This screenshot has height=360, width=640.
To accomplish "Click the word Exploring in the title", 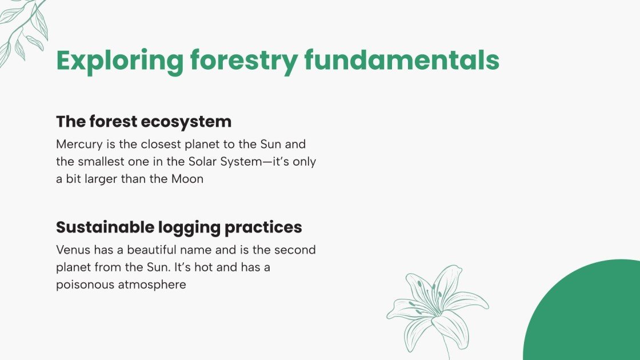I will click(119, 61).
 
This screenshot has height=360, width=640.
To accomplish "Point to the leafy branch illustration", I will click(23, 29).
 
